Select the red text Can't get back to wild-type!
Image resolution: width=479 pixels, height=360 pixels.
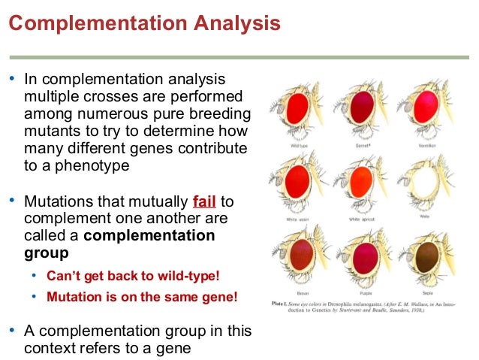coord(133,276)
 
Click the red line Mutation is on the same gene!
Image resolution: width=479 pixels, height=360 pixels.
coord(142,297)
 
